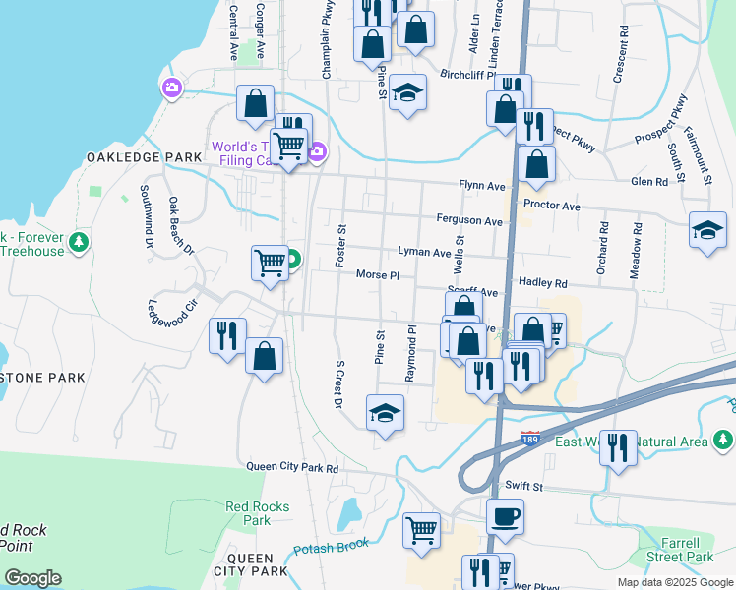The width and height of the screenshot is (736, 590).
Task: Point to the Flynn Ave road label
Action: tap(481, 185)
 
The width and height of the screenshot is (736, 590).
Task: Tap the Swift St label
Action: tap(524, 486)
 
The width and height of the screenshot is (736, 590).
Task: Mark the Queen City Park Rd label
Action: tap(292, 468)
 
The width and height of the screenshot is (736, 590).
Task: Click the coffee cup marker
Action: tap(505, 516)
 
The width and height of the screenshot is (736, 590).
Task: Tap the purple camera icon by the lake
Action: tap(172, 89)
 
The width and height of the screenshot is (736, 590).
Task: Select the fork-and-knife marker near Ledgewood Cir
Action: tap(227, 335)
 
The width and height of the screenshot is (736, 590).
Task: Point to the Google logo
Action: tap(32, 578)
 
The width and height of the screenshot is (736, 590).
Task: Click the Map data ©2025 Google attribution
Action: tap(674, 582)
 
